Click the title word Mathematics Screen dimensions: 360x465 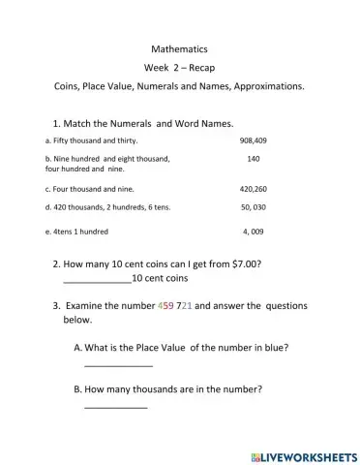179,47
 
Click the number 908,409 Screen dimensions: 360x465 253,140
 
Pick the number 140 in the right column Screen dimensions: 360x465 254,159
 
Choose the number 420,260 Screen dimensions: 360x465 253,189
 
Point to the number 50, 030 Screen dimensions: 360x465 254,207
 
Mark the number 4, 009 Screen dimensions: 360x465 254,232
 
